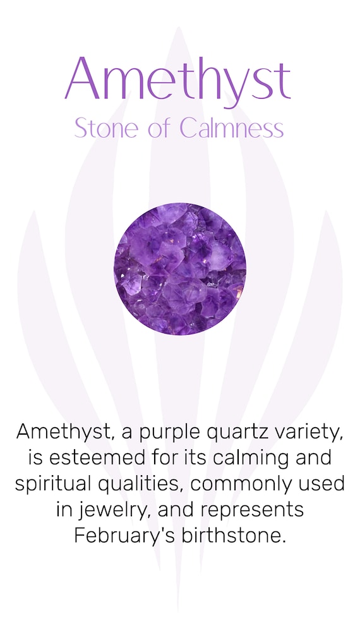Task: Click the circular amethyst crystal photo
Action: [x=180, y=269]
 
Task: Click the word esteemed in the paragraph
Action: [x=97, y=457]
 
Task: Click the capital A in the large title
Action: [x=82, y=78]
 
